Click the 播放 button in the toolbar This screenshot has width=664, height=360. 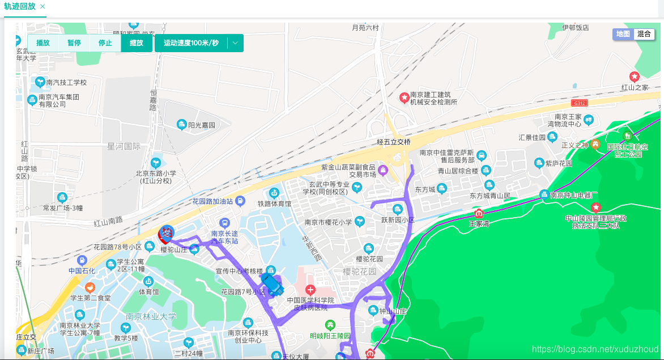click(x=43, y=43)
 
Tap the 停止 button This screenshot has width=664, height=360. click(x=105, y=43)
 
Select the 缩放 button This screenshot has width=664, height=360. click(x=137, y=43)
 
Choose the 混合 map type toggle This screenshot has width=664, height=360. click(x=644, y=34)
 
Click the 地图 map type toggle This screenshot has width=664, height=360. click(x=623, y=34)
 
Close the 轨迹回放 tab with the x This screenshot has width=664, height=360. click(x=43, y=6)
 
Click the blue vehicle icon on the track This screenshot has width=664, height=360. click(x=272, y=283)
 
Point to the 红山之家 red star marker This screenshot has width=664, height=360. click(x=635, y=77)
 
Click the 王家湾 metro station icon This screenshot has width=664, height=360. click(x=479, y=214)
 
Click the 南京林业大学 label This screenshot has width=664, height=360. click(x=151, y=316)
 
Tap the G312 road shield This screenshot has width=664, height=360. click(x=579, y=103)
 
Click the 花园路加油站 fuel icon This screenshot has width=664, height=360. click(x=240, y=201)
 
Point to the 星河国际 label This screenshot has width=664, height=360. click(x=124, y=146)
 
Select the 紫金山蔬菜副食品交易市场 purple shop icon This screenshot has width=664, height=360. click(x=383, y=169)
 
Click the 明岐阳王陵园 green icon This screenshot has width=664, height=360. click(x=330, y=325)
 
